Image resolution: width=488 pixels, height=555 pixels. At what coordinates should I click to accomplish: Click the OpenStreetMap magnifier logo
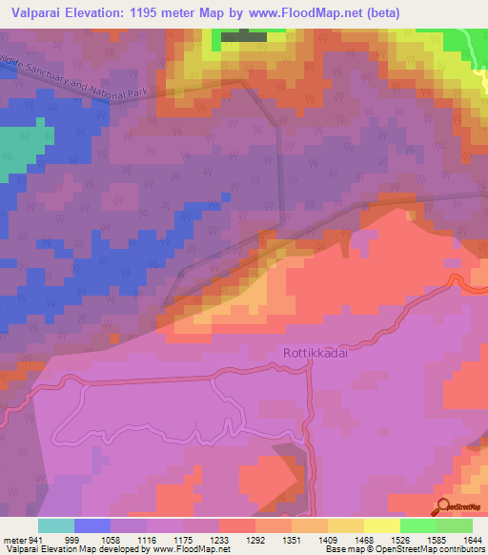pyautogui.click(x=444, y=507)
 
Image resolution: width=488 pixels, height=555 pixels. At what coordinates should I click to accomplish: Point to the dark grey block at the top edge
pyautogui.click(x=244, y=37)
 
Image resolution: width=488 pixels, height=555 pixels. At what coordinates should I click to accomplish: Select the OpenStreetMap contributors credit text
pyautogui.click(x=437, y=549)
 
